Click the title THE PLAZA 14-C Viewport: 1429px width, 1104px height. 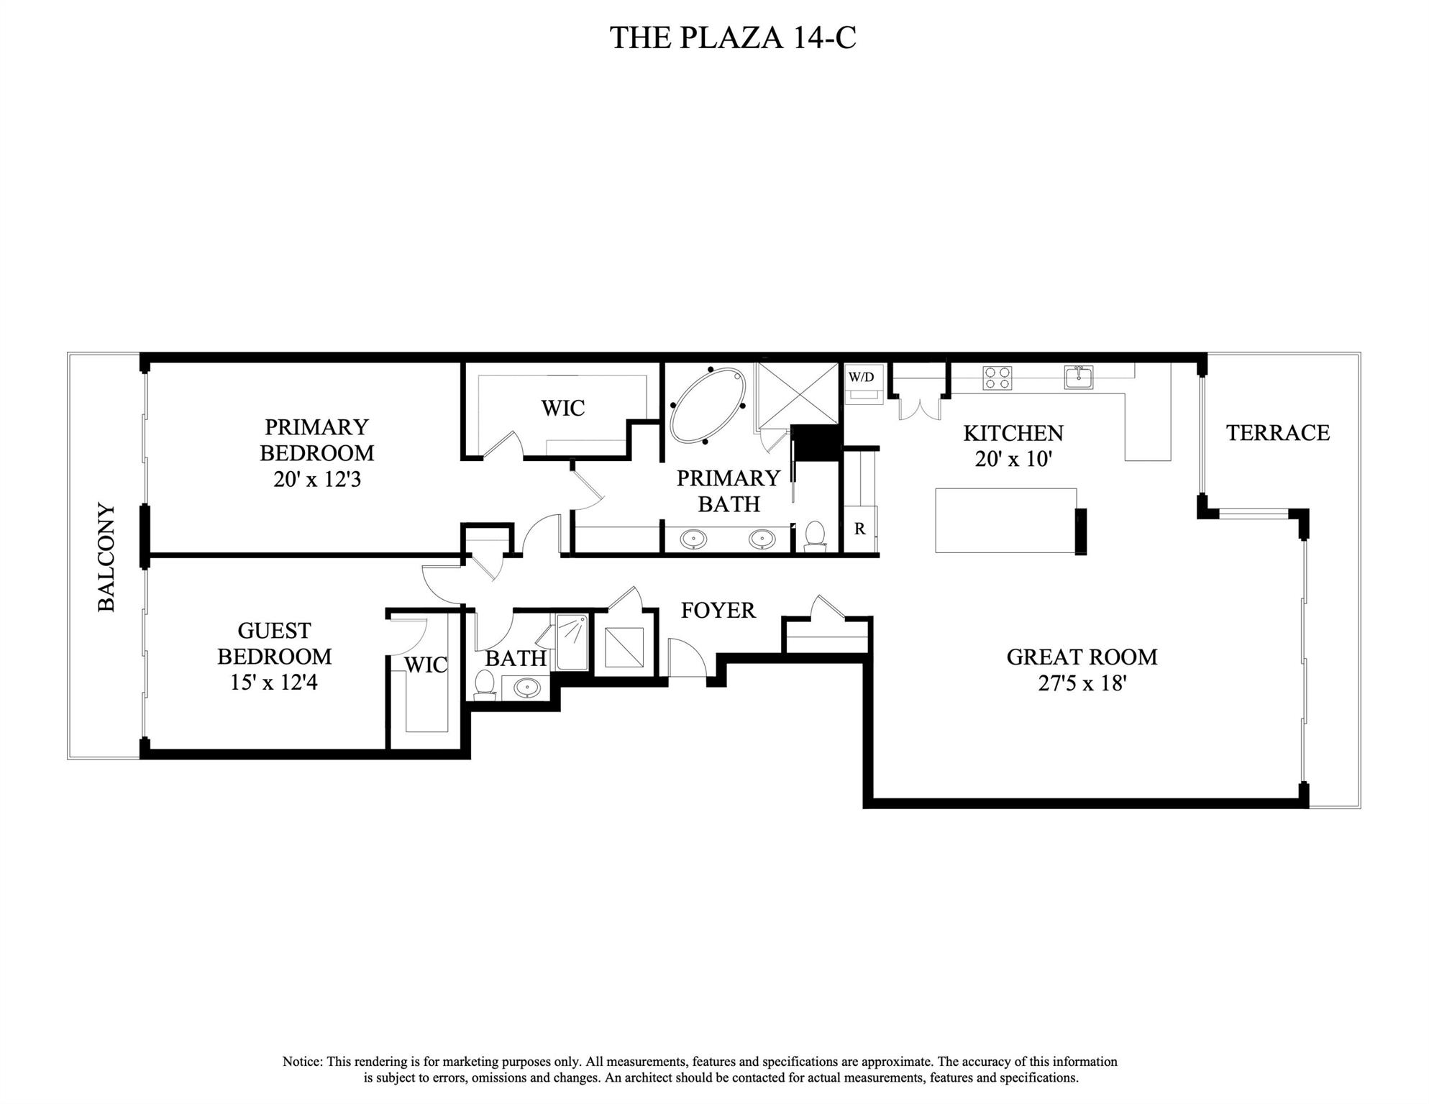[x=733, y=37]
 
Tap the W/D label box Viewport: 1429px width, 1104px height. [x=861, y=377]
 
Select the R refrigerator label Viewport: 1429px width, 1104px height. [x=859, y=529]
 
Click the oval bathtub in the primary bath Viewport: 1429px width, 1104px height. [x=708, y=405]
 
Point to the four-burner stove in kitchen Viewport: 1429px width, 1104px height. [x=997, y=378]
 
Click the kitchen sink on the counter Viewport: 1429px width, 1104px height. [x=1078, y=377]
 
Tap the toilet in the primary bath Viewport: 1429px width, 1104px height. [x=815, y=536]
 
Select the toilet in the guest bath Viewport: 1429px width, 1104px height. [x=485, y=684]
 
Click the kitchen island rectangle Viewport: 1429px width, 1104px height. [x=1005, y=520]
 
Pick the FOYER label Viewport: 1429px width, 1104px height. [x=718, y=610]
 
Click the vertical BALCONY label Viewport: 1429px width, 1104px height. [x=106, y=557]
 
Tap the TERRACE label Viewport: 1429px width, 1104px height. [x=1277, y=432]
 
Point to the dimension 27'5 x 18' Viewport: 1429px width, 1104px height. [x=1081, y=683]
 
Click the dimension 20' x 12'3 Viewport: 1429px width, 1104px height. [x=316, y=479]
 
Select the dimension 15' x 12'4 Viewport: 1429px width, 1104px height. [x=273, y=682]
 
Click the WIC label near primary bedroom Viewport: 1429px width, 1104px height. [x=562, y=408]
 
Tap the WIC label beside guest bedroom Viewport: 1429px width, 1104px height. [x=425, y=665]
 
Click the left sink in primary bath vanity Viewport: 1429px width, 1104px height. [x=693, y=537]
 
